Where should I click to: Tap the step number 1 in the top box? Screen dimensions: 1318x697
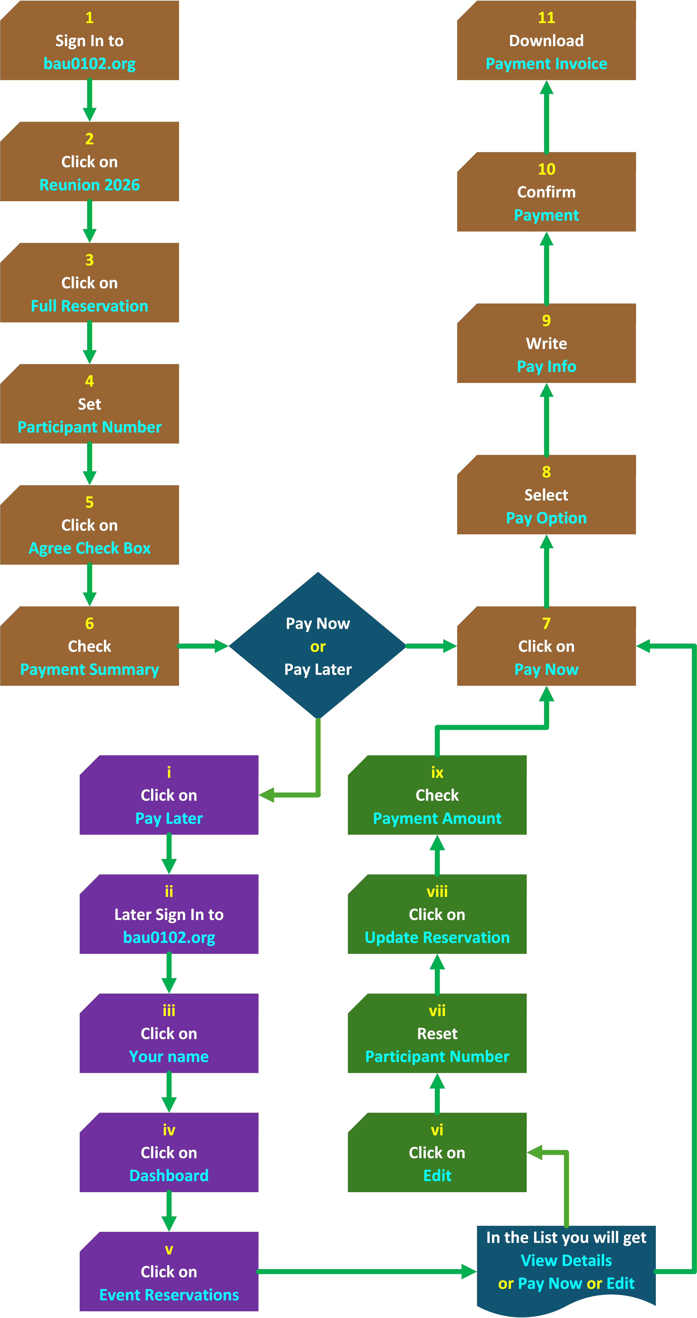[x=90, y=18]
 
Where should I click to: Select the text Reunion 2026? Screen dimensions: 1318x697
[x=90, y=185]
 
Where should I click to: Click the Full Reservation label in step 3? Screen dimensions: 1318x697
[x=90, y=306]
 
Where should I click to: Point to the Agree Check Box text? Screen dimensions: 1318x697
[x=90, y=548]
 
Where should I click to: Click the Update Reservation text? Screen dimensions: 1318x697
[x=437, y=937]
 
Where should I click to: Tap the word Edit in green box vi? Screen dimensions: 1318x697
[x=437, y=1175]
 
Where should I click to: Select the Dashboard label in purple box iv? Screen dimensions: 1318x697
[x=169, y=1175]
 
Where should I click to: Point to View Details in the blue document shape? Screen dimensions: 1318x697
[x=566, y=1260]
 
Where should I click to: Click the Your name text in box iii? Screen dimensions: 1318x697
[x=169, y=1057]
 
